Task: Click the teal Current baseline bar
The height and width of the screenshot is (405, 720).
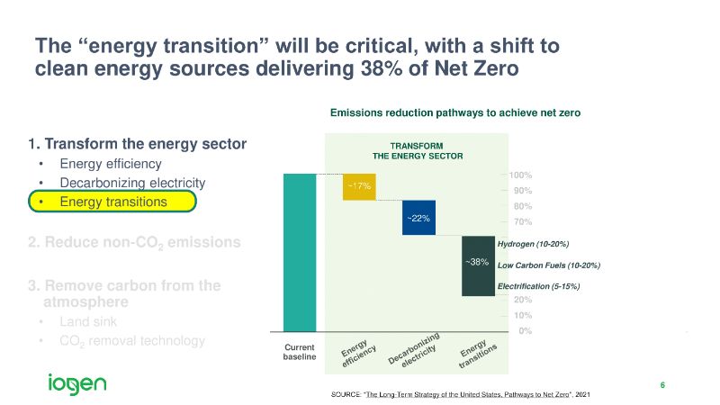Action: click(300, 252)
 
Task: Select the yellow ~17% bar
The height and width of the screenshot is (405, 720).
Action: click(359, 186)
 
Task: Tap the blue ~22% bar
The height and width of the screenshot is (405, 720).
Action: click(418, 218)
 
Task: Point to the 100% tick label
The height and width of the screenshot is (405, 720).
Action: click(520, 175)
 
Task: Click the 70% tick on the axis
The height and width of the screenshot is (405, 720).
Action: click(520, 221)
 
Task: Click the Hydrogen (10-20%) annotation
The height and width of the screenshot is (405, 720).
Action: click(533, 244)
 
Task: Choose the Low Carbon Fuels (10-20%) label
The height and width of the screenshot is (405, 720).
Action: click(548, 265)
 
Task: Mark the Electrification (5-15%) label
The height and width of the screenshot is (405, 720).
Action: click(538, 286)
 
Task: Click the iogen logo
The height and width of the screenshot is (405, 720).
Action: click(77, 383)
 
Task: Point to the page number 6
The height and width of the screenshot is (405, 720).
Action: click(662, 386)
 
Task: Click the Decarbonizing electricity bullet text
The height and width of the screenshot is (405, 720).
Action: click(132, 183)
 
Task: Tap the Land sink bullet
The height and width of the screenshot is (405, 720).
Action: click(87, 321)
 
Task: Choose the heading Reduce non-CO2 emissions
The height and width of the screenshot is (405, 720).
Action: click(134, 242)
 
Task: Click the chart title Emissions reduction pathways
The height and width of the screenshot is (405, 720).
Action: click(455, 113)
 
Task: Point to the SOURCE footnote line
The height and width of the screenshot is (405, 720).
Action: click(461, 396)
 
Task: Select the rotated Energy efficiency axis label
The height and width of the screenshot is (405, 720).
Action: click(358, 350)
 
